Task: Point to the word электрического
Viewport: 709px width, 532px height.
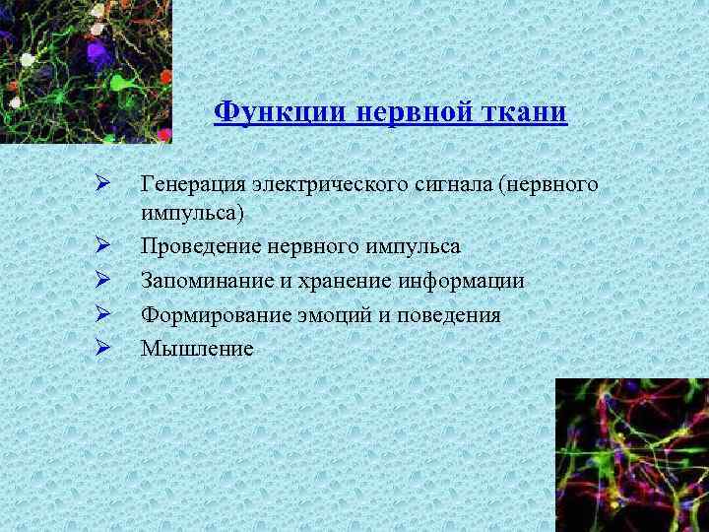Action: tap(317, 182)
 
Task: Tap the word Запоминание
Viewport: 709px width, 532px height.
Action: tap(199, 281)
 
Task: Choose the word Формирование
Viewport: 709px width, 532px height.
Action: tap(205, 315)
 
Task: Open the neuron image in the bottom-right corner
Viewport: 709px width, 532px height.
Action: tap(631, 454)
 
